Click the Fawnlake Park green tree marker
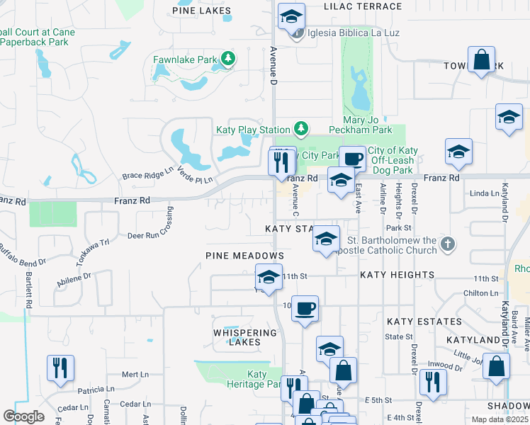tap(227, 59)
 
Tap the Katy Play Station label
tap(253, 130)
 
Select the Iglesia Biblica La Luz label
tap(344, 33)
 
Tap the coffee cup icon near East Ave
tap(352, 159)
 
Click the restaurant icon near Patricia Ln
tap(60, 368)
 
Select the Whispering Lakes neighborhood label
tap(245, 337)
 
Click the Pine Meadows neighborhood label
tap(244, 255)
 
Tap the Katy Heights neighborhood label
tap(397, 274)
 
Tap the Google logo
tap(23, 416)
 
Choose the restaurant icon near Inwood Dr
tap(429, 382)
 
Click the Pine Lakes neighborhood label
tap(202, 10)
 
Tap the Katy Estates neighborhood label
tap(424, 322)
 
